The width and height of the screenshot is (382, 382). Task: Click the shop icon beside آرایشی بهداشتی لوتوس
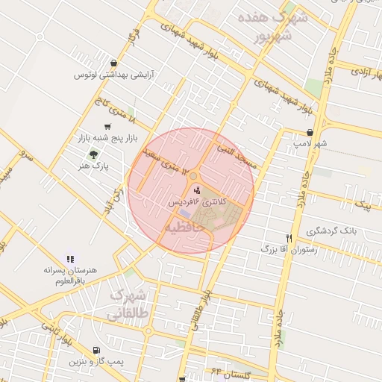pos(113,63)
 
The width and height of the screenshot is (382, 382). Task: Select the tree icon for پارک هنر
pos(93,154)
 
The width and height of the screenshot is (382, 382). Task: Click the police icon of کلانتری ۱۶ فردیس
pos(187,191)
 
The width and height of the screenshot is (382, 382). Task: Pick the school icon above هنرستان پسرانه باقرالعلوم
pos(70,258)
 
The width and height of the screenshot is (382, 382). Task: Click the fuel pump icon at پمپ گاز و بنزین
pos(95,351)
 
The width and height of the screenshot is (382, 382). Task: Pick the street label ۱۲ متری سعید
pos(160,157)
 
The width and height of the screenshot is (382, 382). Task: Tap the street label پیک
pos(363,203)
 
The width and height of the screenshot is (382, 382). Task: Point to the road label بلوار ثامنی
pos(59,340)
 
